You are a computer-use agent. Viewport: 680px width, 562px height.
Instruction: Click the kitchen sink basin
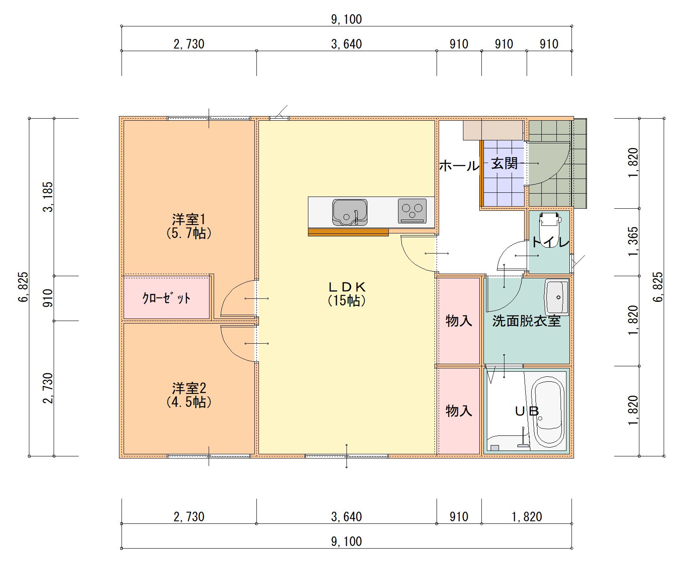pos(350,212)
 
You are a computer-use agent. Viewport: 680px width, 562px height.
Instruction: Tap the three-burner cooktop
pos(412,210)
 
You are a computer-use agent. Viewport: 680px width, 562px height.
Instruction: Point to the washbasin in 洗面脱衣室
pos(556,297)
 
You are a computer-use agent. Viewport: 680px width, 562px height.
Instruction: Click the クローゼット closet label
pos(166,298)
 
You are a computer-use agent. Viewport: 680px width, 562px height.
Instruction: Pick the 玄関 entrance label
pos(504,163)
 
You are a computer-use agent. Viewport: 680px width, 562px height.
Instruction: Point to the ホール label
pos(459,166)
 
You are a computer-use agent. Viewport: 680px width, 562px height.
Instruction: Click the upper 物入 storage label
pos(459,321)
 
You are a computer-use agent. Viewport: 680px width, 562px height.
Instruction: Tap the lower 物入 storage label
pos(459,410)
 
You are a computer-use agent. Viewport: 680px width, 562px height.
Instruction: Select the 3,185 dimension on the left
pos(49,197)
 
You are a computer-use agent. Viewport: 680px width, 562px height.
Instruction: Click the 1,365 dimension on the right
pos(633,242)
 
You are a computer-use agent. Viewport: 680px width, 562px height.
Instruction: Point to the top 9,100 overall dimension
pos(346,19)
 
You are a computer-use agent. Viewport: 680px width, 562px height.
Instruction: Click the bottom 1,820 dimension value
pos(527,517)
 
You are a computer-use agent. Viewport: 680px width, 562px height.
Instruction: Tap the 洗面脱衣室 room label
pos(526,321)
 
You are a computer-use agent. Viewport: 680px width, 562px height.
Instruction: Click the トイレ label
pos(550,242)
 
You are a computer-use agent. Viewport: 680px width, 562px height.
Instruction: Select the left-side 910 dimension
pos(49,298)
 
